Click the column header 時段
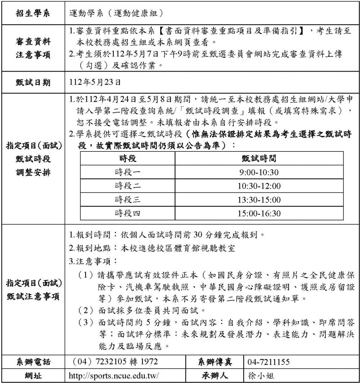[128, 159]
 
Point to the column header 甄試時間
[259, 159]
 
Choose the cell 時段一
[128, 172]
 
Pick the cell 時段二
[128, 186]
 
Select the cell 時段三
[128, 200]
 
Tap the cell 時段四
[128, 213]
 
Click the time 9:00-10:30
[259, 172]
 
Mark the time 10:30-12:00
[259, 186]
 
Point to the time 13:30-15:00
[259, 200]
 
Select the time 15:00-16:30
[259, 213]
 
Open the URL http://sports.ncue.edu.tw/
[114, 376]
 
